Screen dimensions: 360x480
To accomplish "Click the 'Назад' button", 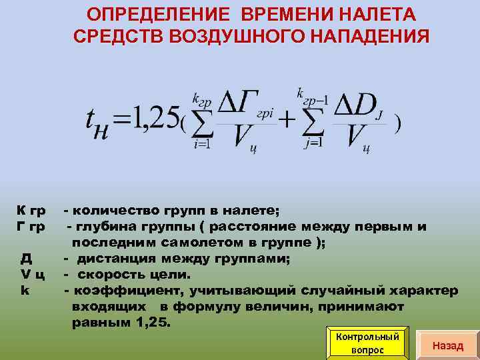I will click(x=447, y=345).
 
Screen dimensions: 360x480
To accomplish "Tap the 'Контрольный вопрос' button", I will click(x=367, y=343).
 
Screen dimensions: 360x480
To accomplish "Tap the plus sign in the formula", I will click(x=286, y=120).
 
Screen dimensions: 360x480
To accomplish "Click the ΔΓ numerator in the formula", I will click(x=239, y=105).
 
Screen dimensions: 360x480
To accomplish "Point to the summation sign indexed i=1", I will click(x=201, y=122).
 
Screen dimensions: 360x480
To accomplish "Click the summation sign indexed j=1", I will click(x=313, y=122).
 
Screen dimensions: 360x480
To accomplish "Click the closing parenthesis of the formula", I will click(x=397, y=124).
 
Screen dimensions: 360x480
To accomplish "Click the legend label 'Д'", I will click(x=25, y=258).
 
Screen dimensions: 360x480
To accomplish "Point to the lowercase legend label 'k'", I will click(x=24, y=290).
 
